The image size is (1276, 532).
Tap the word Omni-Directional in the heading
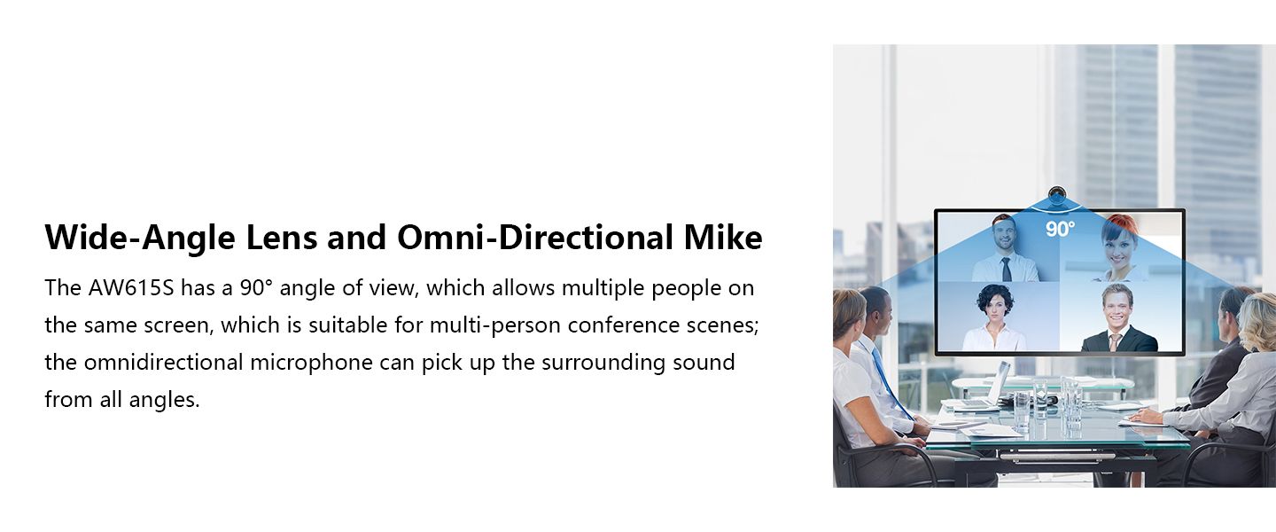coord(535,238)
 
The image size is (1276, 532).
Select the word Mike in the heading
coord(723,237)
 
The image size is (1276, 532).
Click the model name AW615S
coord(131,288)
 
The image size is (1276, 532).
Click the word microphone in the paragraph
coord(311,363)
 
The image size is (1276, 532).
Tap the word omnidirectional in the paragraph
coord(163,363)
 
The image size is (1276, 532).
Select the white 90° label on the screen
coord(1060,230)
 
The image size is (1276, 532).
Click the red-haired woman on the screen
coord(1118,248)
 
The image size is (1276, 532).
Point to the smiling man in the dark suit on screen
coord(1119,318)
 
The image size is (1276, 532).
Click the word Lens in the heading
coord(282,238)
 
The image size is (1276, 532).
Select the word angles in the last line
coord(165,400)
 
